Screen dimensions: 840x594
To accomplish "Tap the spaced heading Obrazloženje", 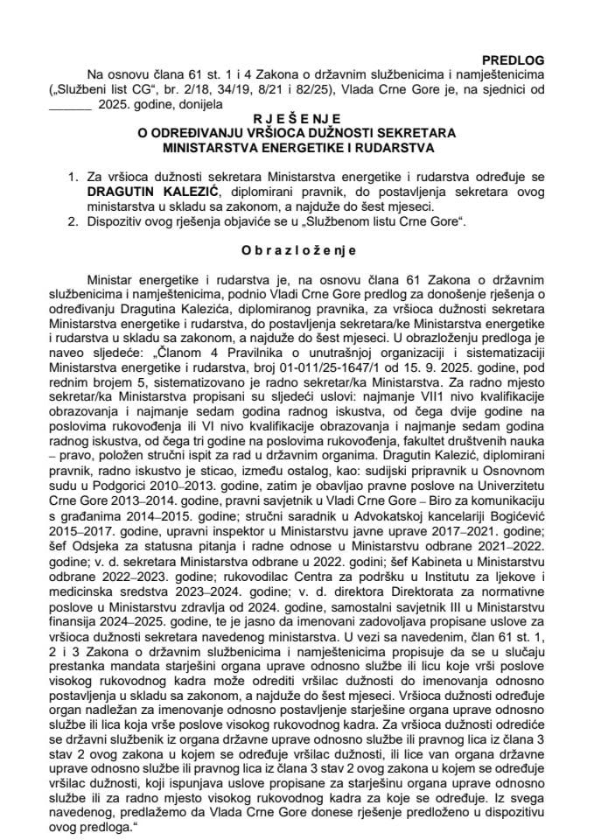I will pyautogui.click(x=297, y=248).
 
